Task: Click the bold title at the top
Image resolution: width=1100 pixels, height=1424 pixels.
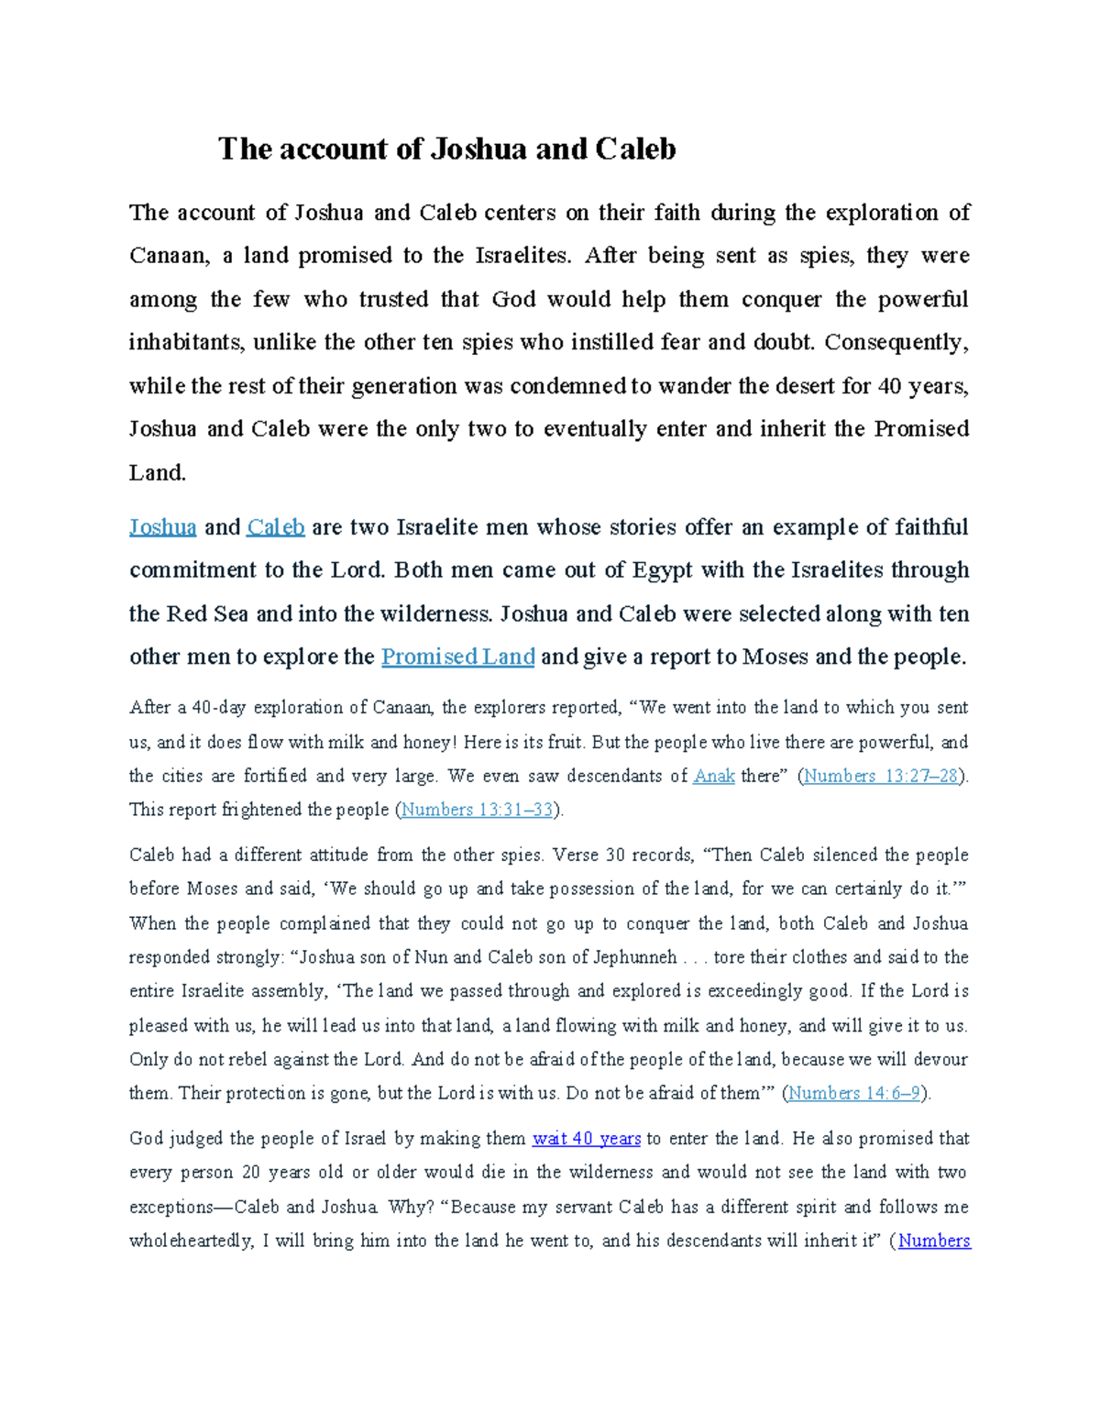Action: tap(446, 149)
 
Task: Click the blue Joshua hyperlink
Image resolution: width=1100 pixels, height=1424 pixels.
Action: tap(162, 527)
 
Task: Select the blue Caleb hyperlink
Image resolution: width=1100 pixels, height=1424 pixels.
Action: tap(275, 527)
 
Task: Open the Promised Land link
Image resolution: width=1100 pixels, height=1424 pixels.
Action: tap(457, 657)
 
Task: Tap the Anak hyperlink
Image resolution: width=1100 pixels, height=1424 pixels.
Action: tap(713, 777)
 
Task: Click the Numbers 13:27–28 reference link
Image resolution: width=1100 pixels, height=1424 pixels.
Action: tap(880, 777)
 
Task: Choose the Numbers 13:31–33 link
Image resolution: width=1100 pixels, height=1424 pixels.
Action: tap(478, 811)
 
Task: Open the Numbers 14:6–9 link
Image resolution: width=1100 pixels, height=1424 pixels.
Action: tap(854, 1094)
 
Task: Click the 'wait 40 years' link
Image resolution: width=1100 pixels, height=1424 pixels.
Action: tap(586, 1139)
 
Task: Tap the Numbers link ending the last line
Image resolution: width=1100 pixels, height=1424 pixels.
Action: tap(934, 1242)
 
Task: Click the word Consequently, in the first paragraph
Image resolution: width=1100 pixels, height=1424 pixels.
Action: tap(896, 343)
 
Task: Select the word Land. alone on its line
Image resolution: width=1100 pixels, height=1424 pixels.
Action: tap(157, 473)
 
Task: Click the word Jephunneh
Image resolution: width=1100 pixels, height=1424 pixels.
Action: tap(635, 957)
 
